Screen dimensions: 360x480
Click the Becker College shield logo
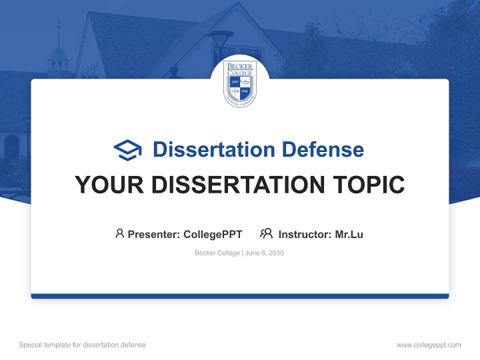pyautogui.click(x=240, y=83)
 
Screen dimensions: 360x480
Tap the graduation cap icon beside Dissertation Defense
pyautogui.click(x=127, y=149)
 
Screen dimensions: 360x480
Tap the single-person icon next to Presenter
pyautogui.click(x=119, y=233)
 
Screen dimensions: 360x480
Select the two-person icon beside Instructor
pyautogui.click(x=266, y=233)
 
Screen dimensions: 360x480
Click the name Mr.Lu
pyautogui.click(x=349, y=234)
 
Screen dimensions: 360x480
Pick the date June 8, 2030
pyautogui.click(x=264, y=253)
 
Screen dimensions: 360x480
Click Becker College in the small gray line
pyautogui.click(x=217, y=253)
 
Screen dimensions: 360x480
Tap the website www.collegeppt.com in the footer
pyautogui.click(x=428, y=345)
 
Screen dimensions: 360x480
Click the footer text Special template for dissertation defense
pyautogui.click(x=82, y=345)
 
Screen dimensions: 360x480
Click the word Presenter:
pyautogui.click(x=154, y=234)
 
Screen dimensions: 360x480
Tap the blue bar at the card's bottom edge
pyautogui.click(x=240, y=296)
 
